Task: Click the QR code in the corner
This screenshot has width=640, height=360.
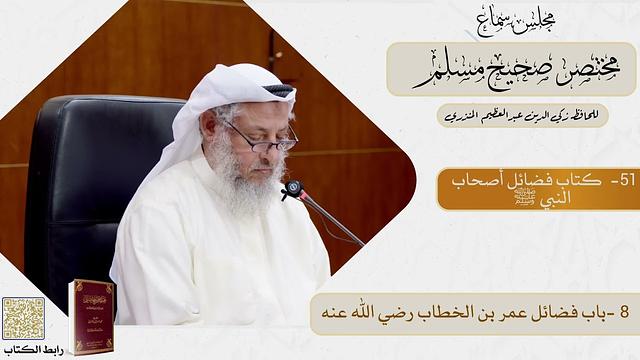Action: tap(23, 318)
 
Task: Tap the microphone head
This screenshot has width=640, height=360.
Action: tap(292, 188)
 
